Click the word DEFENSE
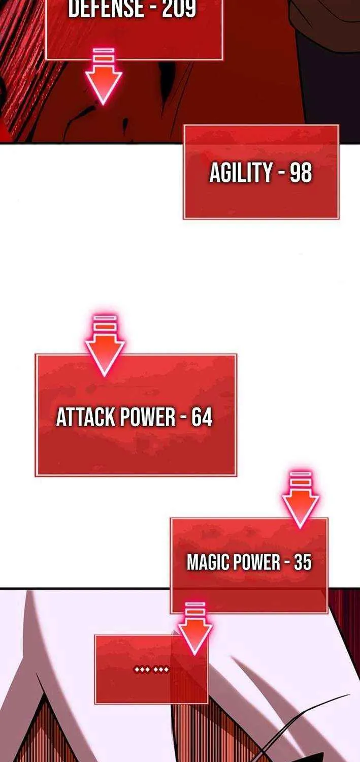coord(105,8)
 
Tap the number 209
coord(179,8)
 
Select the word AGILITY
coord(241,172)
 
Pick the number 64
coord(202,417)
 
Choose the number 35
coord(303,562)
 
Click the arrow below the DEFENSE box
coord(104,76)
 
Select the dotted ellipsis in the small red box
coord(151,670)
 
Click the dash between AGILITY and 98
coord(281,173)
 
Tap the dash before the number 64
coord(184,418)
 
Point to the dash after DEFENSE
coord(152,9)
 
